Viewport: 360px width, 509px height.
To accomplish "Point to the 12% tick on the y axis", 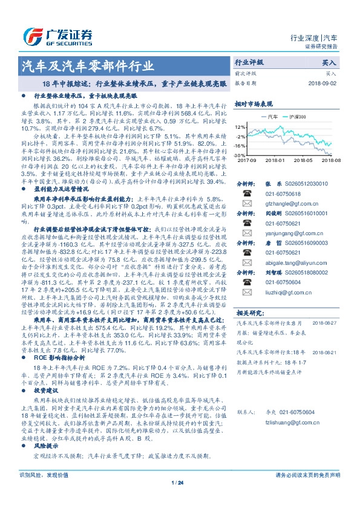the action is (240, 127).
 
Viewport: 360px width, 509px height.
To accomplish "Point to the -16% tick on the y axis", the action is (240, 146).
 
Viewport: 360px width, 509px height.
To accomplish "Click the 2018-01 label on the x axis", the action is (291, 160).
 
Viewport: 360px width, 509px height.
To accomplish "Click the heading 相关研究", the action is (248, 313).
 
